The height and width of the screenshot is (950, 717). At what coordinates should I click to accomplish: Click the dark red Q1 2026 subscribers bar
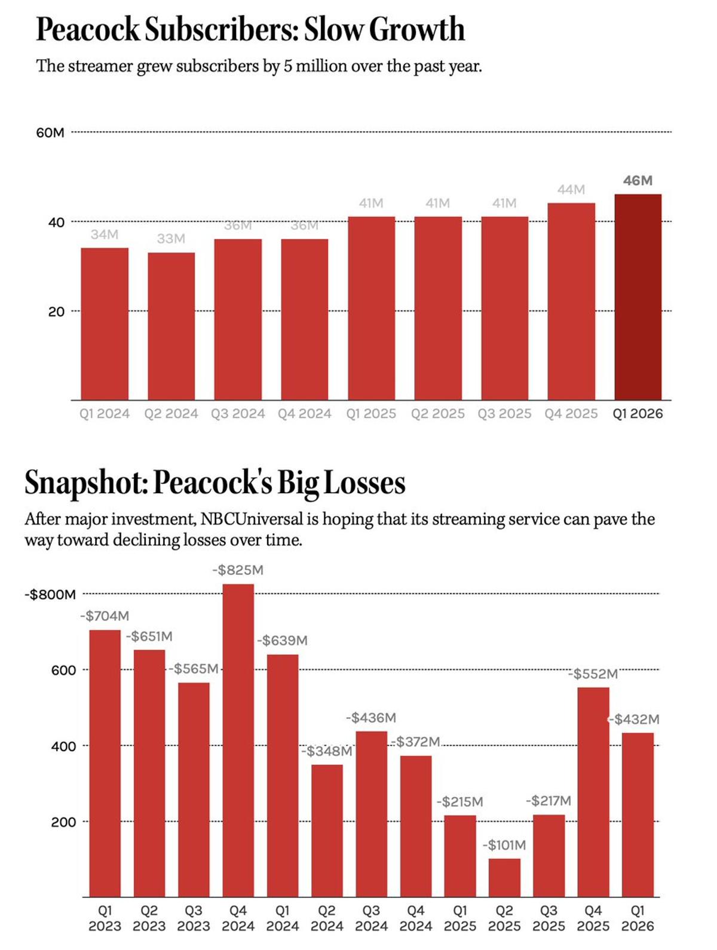tap(638, 297)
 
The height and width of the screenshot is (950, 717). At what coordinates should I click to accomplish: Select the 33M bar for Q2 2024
tap(171, 326)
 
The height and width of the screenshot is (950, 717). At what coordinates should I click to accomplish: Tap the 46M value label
tap(638, 180)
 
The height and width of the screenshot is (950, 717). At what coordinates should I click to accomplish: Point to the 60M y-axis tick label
tap(50, 133)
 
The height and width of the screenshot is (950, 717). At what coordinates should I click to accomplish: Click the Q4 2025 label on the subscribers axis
tap(571, 414)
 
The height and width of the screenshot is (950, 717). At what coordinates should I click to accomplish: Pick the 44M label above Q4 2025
tap(571, 190)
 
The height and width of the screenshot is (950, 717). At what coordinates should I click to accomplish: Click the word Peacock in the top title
tap(87, 29)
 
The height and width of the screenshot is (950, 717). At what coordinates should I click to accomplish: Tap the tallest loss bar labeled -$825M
tap(238, 740)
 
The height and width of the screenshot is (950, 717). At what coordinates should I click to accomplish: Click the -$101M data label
tap(504, 845)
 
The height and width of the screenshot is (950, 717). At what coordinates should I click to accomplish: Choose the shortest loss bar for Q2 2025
tap(504, 878)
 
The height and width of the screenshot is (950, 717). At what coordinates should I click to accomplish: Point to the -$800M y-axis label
tap(50, 594)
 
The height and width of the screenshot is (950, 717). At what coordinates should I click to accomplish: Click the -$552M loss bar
tap(593, 792)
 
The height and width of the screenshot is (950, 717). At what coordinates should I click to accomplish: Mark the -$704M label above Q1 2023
tap(105, 616)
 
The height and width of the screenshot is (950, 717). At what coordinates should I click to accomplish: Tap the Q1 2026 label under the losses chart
tap(638, 918)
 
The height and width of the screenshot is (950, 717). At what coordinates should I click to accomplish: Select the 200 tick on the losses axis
tap(63, 822)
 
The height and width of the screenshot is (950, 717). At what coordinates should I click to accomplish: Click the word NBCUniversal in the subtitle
tap(252, 519)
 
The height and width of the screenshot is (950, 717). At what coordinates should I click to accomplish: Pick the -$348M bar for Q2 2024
tap(327, 830)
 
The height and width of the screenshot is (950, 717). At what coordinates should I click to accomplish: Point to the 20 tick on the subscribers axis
tap(56, 311)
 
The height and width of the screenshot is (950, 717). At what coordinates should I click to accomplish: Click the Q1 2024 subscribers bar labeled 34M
tap(105, 324)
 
